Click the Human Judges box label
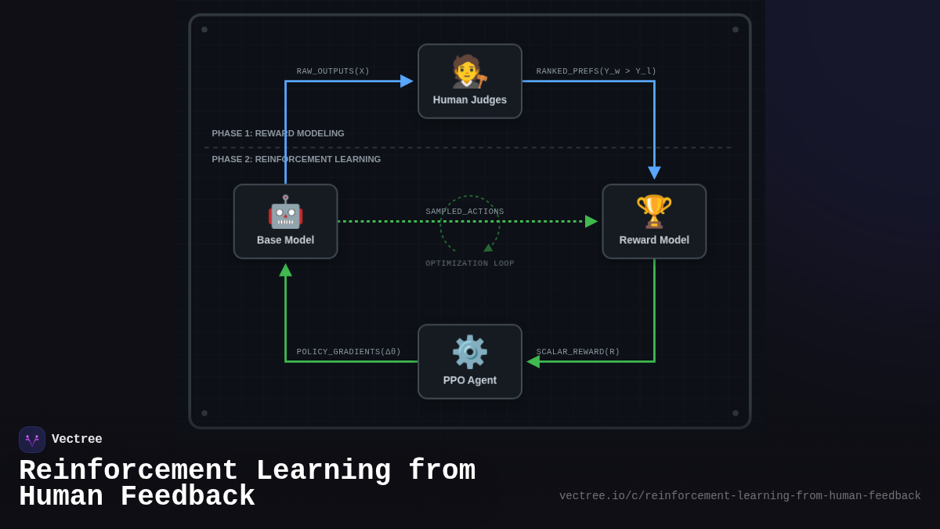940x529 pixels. (469, 100)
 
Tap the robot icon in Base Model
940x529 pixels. (285, 212)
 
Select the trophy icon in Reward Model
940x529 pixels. (654, 212)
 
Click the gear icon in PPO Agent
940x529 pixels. (469, 352)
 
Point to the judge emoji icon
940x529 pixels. (469, 71)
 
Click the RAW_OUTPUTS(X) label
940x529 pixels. (333, 71)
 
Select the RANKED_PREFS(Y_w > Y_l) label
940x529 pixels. (596, 71)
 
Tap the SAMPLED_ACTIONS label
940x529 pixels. (465, 212)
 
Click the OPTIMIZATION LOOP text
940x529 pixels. (469, 263)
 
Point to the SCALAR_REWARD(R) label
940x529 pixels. (578, 352)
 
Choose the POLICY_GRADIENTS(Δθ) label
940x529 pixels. (349, 352)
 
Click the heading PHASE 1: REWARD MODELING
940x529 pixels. (278, 133)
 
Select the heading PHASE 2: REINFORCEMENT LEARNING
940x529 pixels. (296, 159)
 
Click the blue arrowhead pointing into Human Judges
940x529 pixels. (407, 81)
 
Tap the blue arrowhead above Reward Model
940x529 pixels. (654, 172)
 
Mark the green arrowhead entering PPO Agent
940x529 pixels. (533, 361)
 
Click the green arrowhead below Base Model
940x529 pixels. (285, 270)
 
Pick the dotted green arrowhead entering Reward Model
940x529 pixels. (591, 221)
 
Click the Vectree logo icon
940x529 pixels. (32, 440)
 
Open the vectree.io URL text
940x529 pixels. (739, 496)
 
